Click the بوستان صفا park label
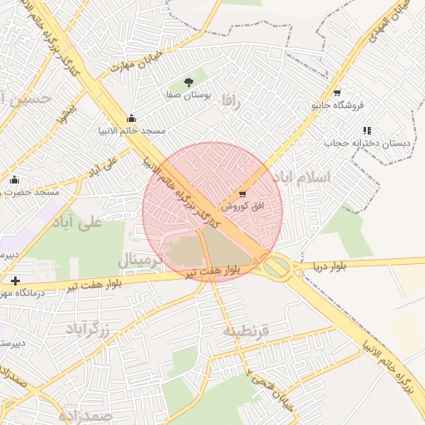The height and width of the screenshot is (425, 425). coord(190,96)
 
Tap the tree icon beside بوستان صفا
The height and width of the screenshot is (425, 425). coord(190,81)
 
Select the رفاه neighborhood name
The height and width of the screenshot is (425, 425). coord(231,103)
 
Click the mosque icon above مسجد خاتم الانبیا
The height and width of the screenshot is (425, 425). coord(131,118)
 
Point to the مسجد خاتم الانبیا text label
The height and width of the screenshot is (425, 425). coord(132,130)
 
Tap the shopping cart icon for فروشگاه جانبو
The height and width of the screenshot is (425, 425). coord(336,92)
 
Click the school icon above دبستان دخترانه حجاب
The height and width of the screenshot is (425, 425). coord(366,129)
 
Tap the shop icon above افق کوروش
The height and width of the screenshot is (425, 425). coord(242,193)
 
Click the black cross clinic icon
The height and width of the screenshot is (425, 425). coord(15,281)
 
